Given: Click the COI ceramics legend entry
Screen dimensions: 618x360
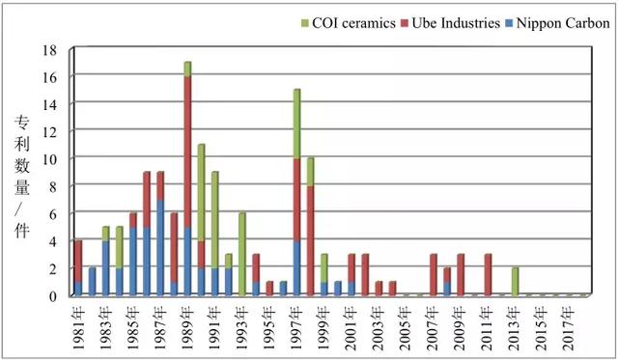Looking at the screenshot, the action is [x=348, y=23].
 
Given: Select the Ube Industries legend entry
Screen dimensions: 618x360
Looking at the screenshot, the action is [x=450, y=23].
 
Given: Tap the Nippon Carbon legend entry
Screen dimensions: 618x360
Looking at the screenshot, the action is [x=558, y=23].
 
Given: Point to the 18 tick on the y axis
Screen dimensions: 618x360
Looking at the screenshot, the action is [x=50, y=50].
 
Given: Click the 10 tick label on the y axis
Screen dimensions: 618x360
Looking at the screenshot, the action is [x=50, y=159].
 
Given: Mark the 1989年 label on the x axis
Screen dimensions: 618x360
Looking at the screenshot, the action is [x=187, y=328].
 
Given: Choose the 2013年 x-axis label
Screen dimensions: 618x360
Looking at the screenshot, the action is [x=514, y=328].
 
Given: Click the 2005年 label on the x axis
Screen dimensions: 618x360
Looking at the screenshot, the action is [x=406, y=328].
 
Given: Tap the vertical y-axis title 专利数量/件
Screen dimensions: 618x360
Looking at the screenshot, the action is [x=22, y=177].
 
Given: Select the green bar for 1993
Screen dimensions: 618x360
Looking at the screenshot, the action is [x=242, y=254].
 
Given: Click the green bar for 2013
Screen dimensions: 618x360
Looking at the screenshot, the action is [x=515, y=282].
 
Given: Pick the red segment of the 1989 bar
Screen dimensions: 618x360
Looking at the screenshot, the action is [x=187, y=152].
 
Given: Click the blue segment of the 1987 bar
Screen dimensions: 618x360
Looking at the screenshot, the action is [x=160, y=248].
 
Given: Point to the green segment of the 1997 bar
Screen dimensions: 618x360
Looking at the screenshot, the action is [x=296, y=125].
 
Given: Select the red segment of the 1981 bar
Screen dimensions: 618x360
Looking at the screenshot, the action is [x=78, y=262].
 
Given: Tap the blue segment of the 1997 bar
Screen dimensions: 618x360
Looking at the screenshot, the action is [x=296, y=268].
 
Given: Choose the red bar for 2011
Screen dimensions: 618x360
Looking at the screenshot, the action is [x=488, y=275].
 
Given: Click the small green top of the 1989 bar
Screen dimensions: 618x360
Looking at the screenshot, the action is [x=187, y=69].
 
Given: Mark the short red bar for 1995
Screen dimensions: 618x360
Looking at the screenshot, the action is [x=269, y=289].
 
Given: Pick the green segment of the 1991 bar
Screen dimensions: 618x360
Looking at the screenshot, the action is [x=214, y=220].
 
